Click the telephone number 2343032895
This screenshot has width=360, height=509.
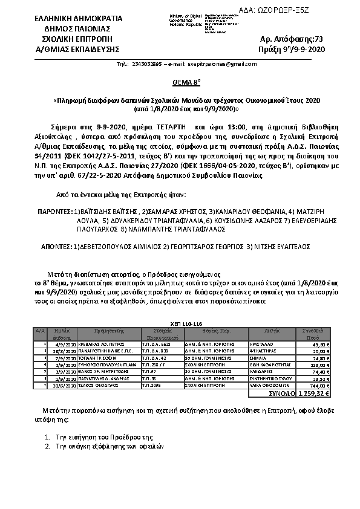pos(147,64)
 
